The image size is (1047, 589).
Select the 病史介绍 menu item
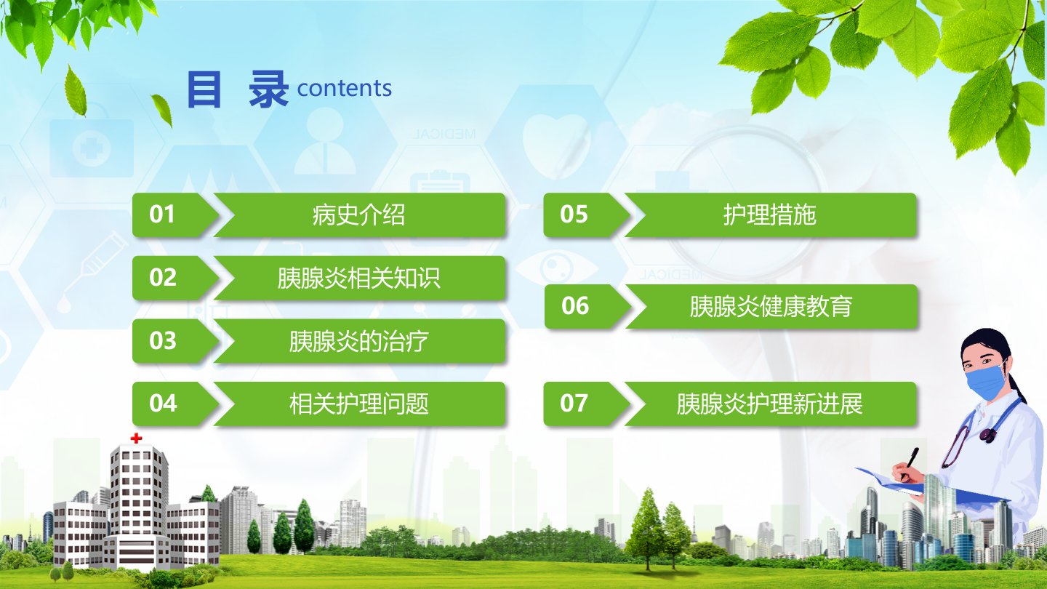click(359, 215)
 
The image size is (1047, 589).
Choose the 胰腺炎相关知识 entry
click(359, 278)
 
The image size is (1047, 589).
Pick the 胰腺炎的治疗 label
click(359, 341)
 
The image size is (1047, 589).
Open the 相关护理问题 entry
click(359, 404)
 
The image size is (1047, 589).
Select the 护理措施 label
click(770, 215)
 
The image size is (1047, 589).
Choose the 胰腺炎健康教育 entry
click(771, 306)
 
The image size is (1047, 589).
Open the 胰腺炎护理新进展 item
click(770, 404)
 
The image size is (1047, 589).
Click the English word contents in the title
click(345, 89)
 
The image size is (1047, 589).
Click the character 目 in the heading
click(204, 89)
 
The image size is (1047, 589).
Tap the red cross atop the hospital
click(136, 438)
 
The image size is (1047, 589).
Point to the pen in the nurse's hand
click(910, 462)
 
